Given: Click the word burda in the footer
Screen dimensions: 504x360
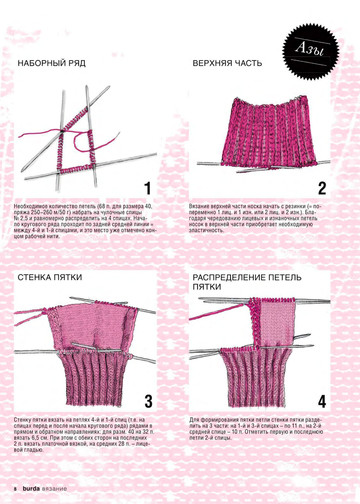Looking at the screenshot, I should [30, 489].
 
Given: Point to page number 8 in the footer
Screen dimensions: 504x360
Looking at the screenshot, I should [15, 489].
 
